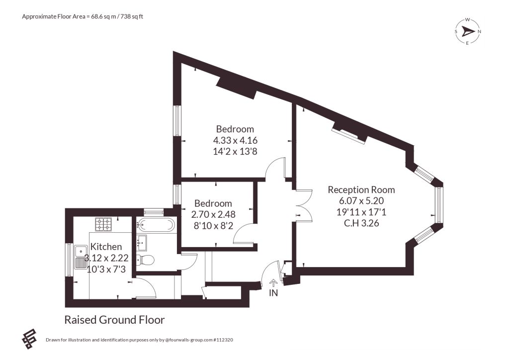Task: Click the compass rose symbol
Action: (468, 31)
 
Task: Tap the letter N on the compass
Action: (480, 31)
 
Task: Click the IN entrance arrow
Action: (273, 283)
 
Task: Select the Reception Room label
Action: (361, 189)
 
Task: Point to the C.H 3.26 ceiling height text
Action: (361, 223)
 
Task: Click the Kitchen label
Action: (106, 247)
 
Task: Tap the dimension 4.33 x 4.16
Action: (235, 140)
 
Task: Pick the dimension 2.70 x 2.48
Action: (213, 214)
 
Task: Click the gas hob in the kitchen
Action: (103, 224)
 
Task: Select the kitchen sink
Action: (80, 258)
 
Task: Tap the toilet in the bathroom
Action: (145, 260)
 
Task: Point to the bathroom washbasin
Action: (142, 243)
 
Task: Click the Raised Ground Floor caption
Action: (115, 320)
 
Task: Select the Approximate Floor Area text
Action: (83, 16)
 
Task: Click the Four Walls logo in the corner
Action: (29, 339)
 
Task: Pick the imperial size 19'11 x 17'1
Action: (361, 212)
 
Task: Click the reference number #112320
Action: (223, 340)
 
